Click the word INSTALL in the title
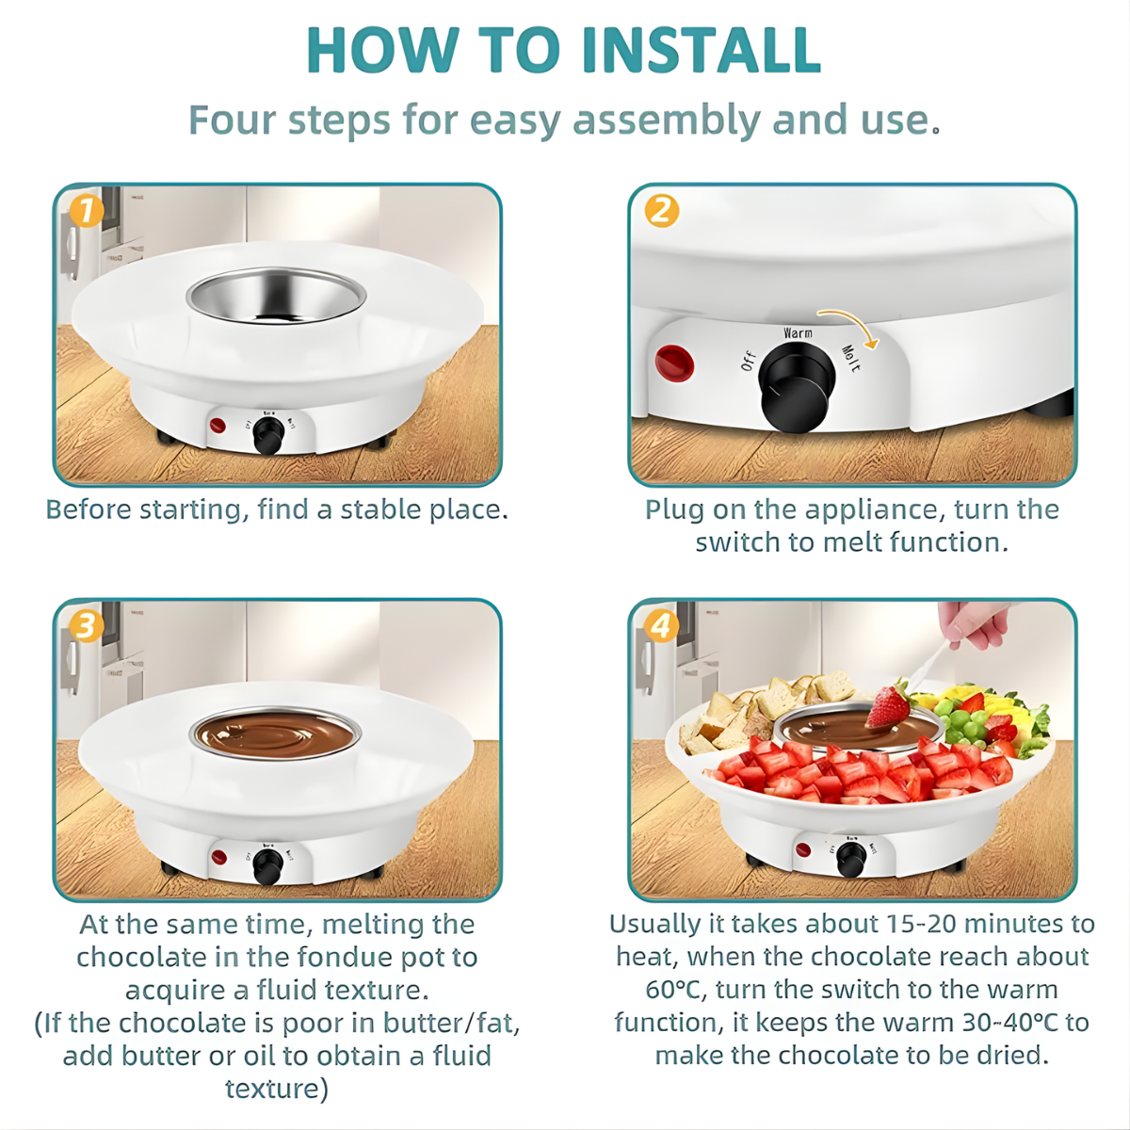(702, 49)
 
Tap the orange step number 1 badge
(87, 211)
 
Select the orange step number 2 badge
(661, 211)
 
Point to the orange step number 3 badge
(87, 625)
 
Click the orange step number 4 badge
(661, 625)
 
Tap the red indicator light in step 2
(674, 363)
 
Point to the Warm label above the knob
(799, 333)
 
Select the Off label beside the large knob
(749, 362)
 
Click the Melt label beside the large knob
(851, 358)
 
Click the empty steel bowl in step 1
(276, 296)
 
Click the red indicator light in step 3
(218, 857)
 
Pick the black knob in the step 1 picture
(268, 438)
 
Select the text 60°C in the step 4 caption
(673, 990)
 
